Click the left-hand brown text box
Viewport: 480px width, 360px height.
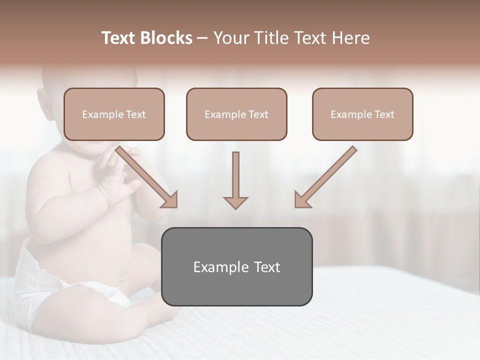[x=114, y=114]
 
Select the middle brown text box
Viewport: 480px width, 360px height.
[x=236, y=114]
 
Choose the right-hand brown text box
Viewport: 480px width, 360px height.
[x=362, y=114]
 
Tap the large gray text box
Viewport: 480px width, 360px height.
[x=236, y=267]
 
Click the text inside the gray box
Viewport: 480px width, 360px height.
[x=236, y=267]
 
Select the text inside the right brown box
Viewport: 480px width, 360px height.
[x=362, y=114]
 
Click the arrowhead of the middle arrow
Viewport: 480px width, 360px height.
[x=235, y=202]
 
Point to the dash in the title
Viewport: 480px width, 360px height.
[x=202, y=38]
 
